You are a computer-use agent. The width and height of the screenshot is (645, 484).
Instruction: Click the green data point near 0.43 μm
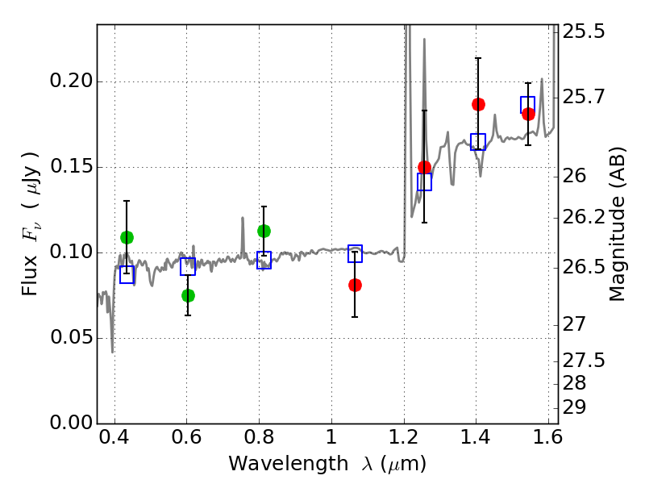coord(127,237)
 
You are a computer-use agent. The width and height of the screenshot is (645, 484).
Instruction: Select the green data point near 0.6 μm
coord(188,295)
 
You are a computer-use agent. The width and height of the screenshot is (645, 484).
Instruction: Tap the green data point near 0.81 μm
coord(264,232)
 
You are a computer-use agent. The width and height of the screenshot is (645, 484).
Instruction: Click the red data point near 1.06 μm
coord(355,285)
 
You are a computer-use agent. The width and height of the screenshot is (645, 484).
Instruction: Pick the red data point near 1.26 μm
coord(425,167)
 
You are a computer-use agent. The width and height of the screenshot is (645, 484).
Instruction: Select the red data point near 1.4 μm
coord(478,105)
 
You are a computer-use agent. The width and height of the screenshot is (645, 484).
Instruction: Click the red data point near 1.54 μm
coord(528,114)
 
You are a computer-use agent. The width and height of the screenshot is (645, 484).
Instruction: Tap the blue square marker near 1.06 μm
coord(355,253)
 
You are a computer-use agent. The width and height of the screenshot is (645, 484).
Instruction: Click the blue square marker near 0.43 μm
coord(127,274)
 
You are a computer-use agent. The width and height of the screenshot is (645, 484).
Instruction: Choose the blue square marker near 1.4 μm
coord(478,142)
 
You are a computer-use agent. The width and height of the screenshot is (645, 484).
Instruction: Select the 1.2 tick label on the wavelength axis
coord(404,437)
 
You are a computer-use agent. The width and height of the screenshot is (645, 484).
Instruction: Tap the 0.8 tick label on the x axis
coord(259,437)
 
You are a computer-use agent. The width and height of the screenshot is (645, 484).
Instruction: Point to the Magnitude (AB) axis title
coord(617,224)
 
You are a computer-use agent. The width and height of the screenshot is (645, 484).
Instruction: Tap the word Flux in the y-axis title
coord(30,277)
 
